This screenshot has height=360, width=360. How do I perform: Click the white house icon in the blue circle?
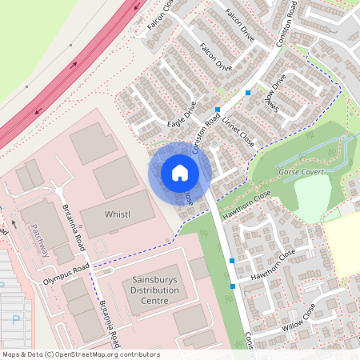(x=179, y=173)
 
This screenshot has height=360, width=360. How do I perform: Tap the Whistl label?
(x=118, y=214)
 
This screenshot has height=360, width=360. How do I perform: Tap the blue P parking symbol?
(x=17, y=319)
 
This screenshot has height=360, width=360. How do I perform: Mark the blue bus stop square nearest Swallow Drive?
(x=248, y=93)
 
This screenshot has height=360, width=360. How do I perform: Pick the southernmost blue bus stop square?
(x=232, y=286)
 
